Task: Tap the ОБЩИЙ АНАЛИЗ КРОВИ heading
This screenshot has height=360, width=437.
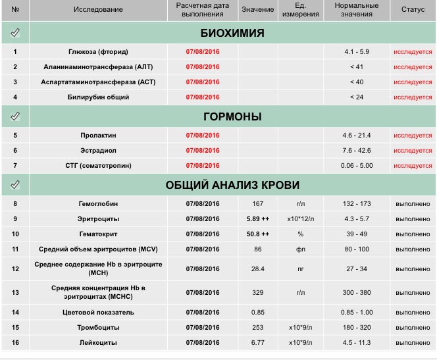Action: point(232,185)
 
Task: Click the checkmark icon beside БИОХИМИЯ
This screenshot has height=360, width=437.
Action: point(15,33)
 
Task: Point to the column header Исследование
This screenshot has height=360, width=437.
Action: point(98,9)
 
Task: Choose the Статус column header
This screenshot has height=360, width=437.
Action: point(413,9)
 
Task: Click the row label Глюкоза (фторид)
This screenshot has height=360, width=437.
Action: point(98,51)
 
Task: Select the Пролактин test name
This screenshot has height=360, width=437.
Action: point(98,136)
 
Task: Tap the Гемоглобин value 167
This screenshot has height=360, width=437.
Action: point(257,204)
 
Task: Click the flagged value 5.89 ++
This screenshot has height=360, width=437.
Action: point(257,219)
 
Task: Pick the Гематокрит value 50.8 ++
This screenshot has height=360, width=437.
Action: point(257,234)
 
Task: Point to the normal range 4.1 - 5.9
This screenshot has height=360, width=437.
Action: point(357,51)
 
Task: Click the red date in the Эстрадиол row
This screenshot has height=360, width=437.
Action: point(203,151)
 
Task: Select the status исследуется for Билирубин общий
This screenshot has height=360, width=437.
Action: point(413,97)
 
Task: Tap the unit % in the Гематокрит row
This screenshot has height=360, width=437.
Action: point(300,234)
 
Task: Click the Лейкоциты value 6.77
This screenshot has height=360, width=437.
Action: point(257,343)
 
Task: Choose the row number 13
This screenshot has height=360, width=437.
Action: point(15,292)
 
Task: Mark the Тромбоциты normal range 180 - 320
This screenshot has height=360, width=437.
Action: point(357,328)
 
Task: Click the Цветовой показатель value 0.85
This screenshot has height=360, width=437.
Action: point(257,313)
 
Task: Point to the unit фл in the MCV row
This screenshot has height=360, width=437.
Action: point(300,249)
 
